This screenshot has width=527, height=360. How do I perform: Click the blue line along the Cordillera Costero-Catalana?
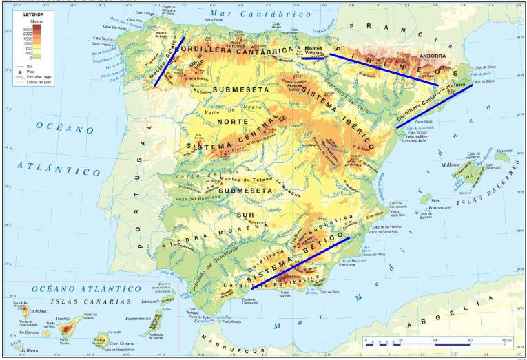[x=435, y=106]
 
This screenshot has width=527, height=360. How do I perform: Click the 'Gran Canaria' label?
[x=119, y=342]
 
